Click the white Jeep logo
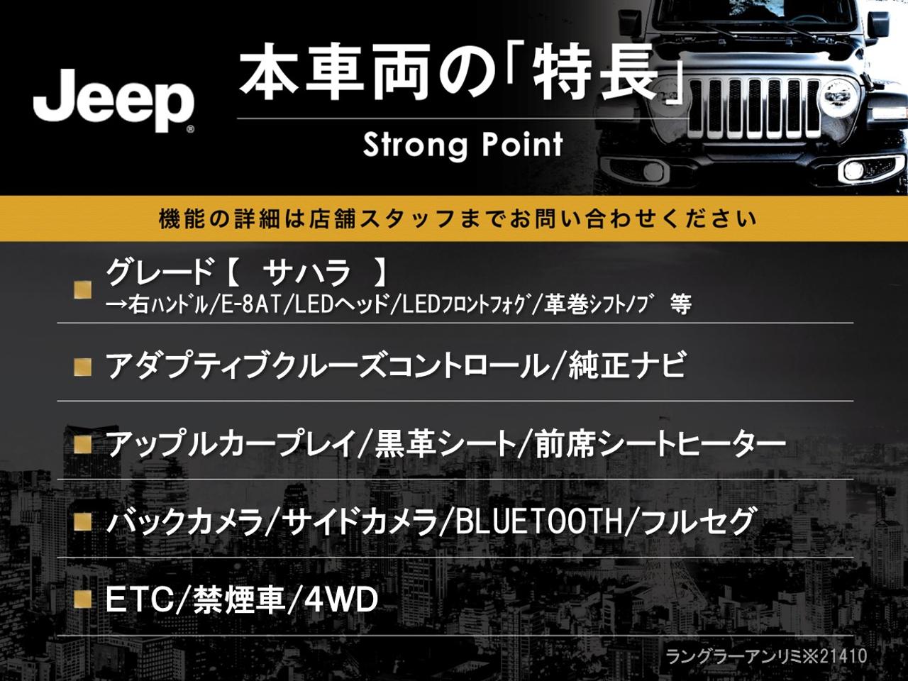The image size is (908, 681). tap(114, 101)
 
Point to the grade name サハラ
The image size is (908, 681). tap(307, 273)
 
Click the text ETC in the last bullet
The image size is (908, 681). tap(140, 600)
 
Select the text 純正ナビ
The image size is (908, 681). tap(627, 365)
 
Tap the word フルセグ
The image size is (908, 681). tap(697, 523)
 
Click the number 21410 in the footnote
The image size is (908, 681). tap(844, 656)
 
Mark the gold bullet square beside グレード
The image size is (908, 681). tap(83, 289)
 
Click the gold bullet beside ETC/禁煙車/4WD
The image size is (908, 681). tap(83, 600)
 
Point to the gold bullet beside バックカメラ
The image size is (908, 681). tap(83, 522)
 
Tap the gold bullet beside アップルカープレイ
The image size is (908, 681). tap(83, 445)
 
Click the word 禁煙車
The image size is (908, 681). tap(238, 600)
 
